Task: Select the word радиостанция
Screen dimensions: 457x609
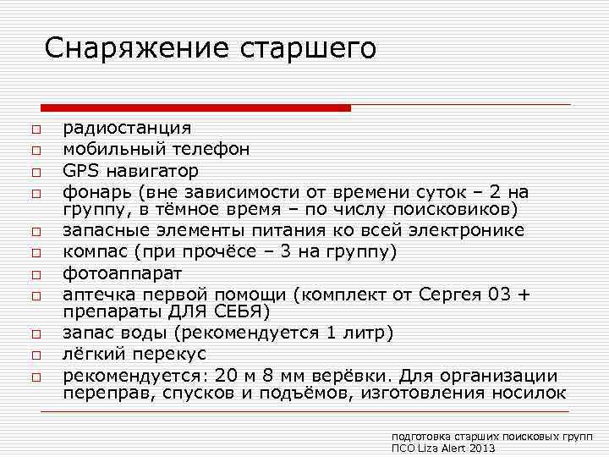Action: click(128, 128)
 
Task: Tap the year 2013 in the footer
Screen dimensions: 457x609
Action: click(480, 447)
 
